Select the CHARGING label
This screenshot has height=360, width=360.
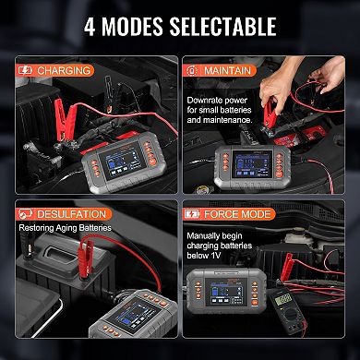[63, 69]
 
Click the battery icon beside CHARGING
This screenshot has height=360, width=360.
[24, 69]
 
